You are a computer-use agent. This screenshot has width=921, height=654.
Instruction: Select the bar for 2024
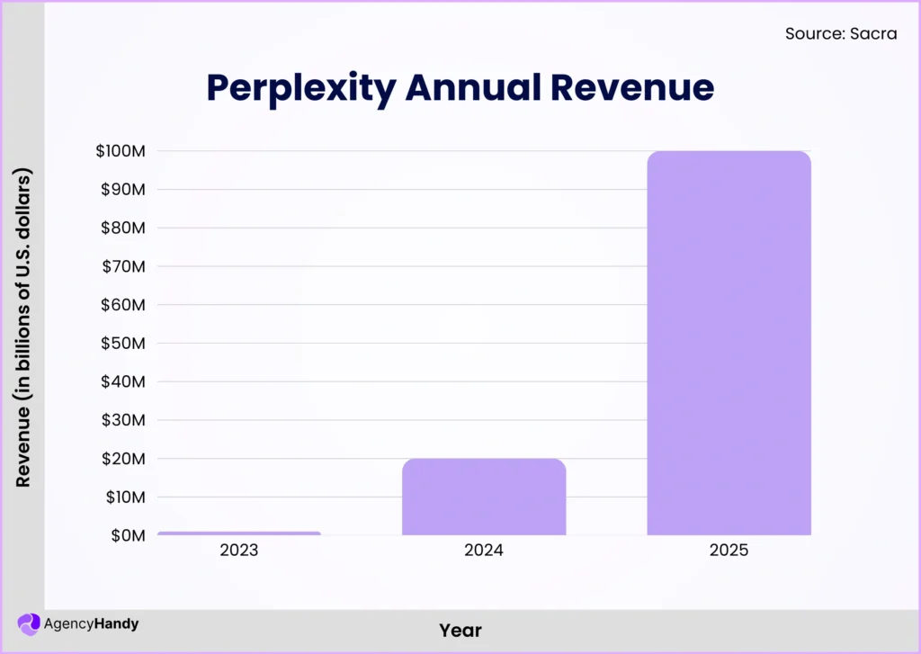(x=484, y=497)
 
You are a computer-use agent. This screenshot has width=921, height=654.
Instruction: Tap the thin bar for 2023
(x=238, y=533)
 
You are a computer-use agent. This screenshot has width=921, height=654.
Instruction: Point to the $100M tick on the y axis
(x=121, y=151)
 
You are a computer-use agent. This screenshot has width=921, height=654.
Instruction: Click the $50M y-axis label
(x=123, y=344)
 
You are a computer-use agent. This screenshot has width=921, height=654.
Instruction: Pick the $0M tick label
(x=127, y=535)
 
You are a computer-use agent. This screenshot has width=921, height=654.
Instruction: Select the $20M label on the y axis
(x=123, y=459)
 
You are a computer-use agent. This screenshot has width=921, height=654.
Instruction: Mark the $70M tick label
(x=123, y=266)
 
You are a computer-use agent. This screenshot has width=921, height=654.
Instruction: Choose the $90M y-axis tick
(x=123, y=190)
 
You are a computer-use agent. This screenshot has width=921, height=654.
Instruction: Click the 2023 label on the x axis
(x=238, y=550)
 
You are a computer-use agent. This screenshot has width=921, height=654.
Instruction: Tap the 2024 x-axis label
(x=484, y=550)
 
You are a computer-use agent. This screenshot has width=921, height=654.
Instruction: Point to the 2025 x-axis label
(x=729, y=550)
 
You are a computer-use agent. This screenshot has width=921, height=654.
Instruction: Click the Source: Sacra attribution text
(x=841, y=34)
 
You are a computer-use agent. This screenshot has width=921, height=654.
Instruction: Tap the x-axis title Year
(x=460, y=631)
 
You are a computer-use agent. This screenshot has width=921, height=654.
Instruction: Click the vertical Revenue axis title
(x=23, y=327)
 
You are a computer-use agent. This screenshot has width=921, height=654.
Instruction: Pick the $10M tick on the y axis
(x=123, y=497)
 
